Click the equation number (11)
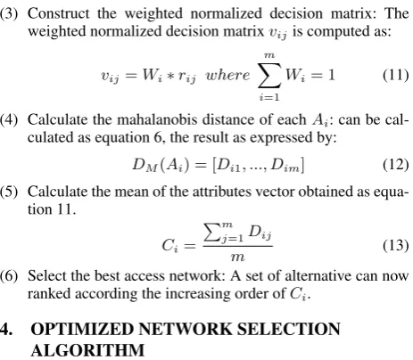pyautogui.click(x=395, y=75)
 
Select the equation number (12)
pyautogui.click(x=395, y=165)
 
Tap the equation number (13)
pyautogui.click(x=395, y=245)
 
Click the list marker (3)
pyautogui.click(x=9, y=13)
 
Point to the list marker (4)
pyautogui.click(x=9, y=119)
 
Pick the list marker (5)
pyautogui.click(x=9, y=192)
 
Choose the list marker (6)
pyautogui.click(x=9, y=276)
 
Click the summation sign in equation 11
pyautogui.click(x=269, y=76)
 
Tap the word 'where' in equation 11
pyautogui.click(x=227, y=75)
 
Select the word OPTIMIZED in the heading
pyautogui.click(x=82, y=329)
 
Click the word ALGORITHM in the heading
pyautogui.click(x=87, y=350)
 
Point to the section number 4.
pyautogui.click(x=6, y=329)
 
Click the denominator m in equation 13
pyautogui.click(x=237, y=258)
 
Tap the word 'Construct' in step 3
pyautogui.click(x=59, y=13)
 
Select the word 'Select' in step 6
pyautogui.click(x=47, y=276)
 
